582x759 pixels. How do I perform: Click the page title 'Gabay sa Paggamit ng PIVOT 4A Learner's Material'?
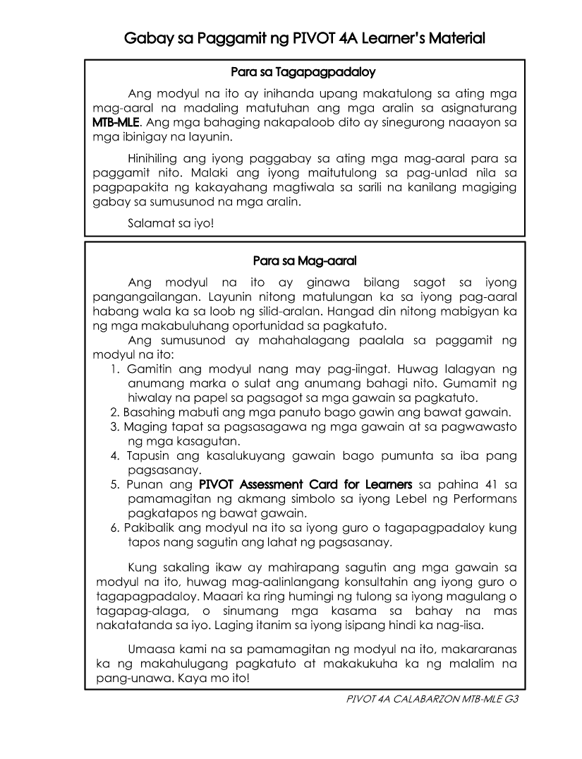point(304,37)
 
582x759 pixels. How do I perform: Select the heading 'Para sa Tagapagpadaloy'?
point(304,72)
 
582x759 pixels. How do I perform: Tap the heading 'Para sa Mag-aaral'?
point(304,261)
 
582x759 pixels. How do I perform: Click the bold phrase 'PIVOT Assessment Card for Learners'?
point(305,485)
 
